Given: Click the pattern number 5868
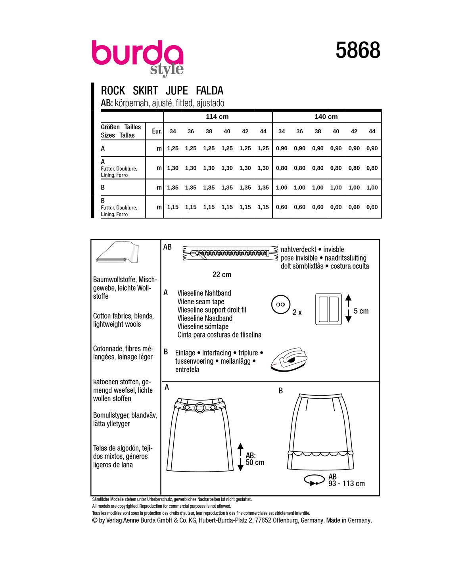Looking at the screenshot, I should coord(358,51).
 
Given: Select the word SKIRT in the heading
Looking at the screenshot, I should coord(145,90).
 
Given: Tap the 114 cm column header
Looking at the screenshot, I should coord(217,117).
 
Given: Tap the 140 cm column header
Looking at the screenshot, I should coord(326,117).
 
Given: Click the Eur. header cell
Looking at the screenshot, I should coord(157,131).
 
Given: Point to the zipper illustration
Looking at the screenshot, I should coord(230,253).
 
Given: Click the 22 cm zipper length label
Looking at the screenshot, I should coord(222,274).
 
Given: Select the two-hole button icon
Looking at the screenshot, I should coord(281,305).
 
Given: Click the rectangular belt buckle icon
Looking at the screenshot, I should coord(328,309).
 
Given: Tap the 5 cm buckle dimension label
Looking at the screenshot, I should coord(361,311).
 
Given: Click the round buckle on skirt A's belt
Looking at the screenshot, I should coord(200,407).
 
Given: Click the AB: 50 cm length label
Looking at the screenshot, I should coord(255,459).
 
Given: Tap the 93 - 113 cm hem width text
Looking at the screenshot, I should coord(346,483).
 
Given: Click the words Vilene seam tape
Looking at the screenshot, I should coord(201,301).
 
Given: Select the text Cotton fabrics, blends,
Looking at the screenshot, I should coord(123,316).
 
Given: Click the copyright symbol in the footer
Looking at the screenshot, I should coord(94,520).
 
